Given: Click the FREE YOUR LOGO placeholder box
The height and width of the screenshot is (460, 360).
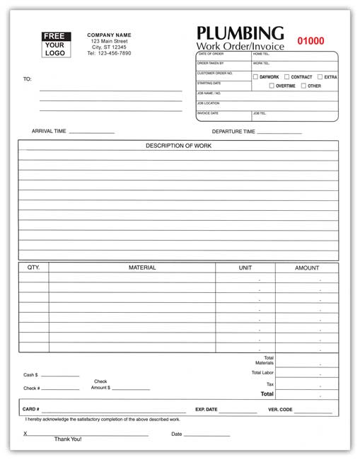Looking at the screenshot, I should (54, 45).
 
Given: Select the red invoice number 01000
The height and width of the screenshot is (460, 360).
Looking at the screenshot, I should (310, 41).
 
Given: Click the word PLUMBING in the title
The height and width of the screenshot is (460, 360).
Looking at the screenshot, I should (240, 33).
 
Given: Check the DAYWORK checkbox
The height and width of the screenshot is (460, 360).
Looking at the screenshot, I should (256, 76).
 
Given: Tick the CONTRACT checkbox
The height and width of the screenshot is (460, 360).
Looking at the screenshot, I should (286, 76).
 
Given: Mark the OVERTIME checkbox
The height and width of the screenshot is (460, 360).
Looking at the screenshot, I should (272, 86).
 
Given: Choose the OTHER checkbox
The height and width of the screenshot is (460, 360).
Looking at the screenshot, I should (303, 86).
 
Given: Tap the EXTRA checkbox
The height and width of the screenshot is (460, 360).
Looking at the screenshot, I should (320, 76).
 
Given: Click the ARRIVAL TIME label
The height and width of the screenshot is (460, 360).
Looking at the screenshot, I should (49, 131).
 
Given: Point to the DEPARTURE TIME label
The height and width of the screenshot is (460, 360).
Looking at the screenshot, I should (233, 131).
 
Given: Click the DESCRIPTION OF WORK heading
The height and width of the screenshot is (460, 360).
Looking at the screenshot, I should (178, 146).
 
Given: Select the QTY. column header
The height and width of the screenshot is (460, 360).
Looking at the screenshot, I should (33, 268).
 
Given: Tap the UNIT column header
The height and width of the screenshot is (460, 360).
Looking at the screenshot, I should (245, 268).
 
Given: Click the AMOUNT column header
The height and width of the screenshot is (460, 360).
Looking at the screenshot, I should (307, 268).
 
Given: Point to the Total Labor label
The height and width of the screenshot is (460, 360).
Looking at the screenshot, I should (262, 372).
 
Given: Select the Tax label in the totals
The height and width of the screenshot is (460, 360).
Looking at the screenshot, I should (269, 383).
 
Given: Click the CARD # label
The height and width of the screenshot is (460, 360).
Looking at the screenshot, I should (31, 409).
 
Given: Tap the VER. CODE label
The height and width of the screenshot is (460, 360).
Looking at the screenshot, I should (281, 409).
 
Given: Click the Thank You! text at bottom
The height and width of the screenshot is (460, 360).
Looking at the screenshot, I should (68, 439).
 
